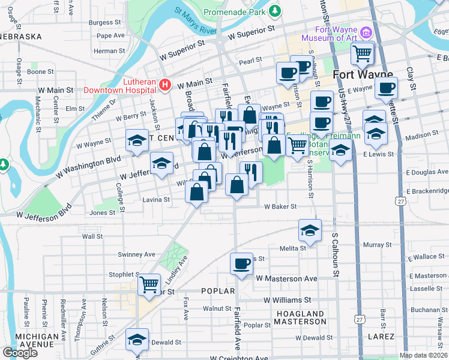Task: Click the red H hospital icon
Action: (166, 85)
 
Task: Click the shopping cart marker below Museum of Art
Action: (363, 53)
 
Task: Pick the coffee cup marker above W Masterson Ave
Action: (242, 263)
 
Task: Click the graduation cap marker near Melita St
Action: (310, 230)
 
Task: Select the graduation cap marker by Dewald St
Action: (137, 340)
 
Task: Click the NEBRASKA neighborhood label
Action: (21, 37)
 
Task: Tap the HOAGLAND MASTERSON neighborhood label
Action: (300, 317)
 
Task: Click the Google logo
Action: (20, 352)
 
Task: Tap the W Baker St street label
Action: (280, 206)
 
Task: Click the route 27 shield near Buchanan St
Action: (358, 317)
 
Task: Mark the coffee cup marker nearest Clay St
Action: (386, 88)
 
